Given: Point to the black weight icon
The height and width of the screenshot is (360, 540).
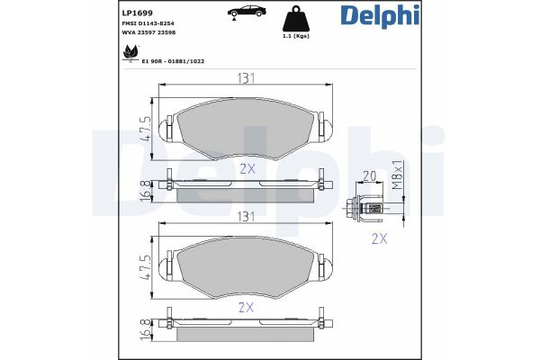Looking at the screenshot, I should tap(296, 18).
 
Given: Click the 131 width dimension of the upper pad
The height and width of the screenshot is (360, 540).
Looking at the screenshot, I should tap(242, 78).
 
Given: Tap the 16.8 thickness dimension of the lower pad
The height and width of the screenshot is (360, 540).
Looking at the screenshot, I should tap(144, 328).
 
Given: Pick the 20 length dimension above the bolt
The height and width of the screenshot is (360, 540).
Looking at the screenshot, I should tap(368, 176).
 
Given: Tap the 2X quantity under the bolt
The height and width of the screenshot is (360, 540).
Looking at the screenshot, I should tap(379, 238).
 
